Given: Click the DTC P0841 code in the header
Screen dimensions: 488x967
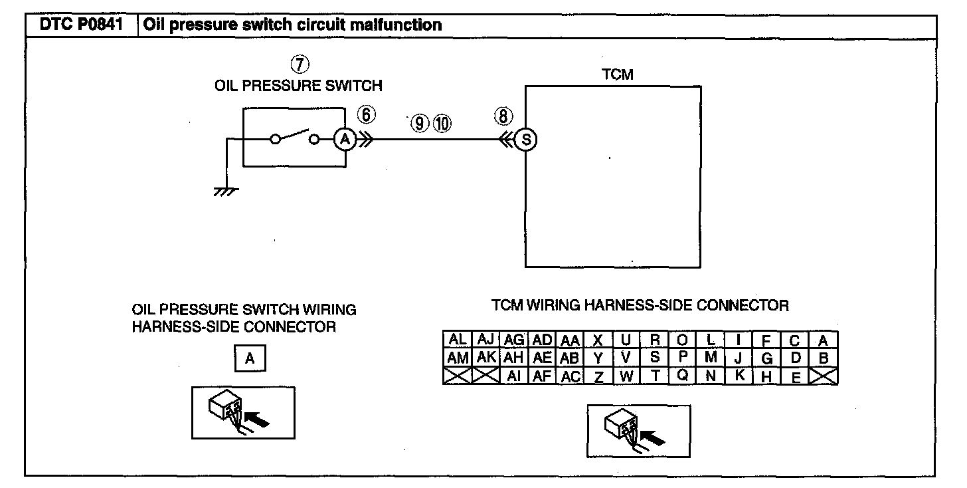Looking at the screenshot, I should pos(80,25).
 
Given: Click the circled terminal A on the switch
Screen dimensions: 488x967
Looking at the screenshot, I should pos(344,140).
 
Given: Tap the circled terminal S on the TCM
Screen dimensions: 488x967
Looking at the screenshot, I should pos(526,140).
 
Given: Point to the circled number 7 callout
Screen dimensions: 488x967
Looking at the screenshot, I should pos(300,64).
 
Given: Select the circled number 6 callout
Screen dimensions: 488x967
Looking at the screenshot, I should pos(367,115).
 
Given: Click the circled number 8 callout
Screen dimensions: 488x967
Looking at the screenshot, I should pos(503,116).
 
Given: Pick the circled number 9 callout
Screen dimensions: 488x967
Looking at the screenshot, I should pos(419,123).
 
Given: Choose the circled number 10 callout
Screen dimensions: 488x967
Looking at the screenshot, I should pos(442,123).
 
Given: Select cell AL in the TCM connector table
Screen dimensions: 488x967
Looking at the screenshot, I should pos(458,340).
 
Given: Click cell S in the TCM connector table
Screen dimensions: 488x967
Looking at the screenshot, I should pos(654,357).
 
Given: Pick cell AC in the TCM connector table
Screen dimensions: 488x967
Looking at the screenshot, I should pos(571,376).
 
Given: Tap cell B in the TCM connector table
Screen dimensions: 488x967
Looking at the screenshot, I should pos(824,358).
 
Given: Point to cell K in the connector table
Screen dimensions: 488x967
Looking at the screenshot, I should pos(739,375).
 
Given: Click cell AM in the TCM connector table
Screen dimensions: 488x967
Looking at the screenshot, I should pos(458,358).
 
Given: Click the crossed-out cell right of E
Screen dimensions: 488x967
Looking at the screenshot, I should pos(824,376).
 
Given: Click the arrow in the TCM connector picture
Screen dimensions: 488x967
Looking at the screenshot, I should pos(656,437).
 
